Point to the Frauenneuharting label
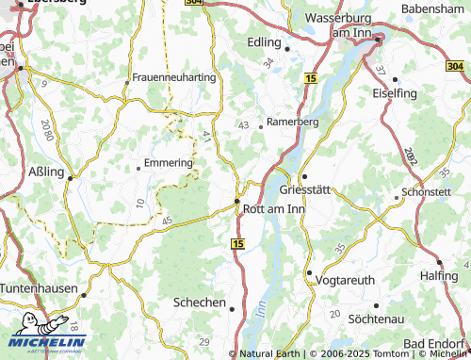pyautogui.click(x=174, y=76)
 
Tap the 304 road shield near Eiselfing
pyautogui.click(x=454, y=66)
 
